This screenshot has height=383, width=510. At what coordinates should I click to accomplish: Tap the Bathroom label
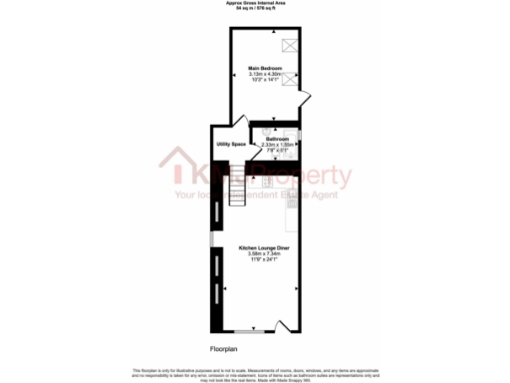coord(277,139)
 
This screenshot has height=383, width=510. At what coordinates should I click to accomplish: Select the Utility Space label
coord(231,145)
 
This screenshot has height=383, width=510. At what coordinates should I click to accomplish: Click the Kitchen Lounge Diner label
coord(265,247)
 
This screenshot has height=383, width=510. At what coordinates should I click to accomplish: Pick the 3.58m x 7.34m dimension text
coord(265,253)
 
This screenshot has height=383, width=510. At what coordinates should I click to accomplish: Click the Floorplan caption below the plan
coord(223,349)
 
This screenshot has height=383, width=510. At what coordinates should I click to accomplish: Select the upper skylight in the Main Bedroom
coord(290,43)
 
